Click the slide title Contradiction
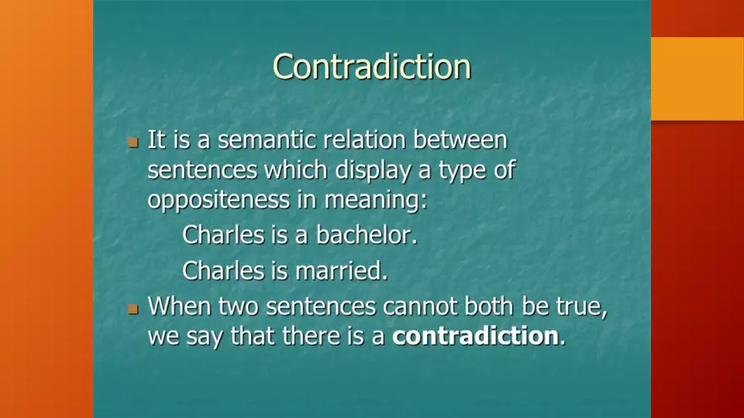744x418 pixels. click(371, 67)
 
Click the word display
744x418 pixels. click(373, 170)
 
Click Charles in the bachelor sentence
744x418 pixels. click(223, 235)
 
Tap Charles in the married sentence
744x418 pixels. click(223, 270)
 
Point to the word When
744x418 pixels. click(180, 306)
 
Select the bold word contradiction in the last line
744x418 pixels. click(475, 336)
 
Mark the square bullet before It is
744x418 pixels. click(133, 142)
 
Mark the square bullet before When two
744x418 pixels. click(133, 308)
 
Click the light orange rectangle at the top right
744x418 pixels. click(697, 79)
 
